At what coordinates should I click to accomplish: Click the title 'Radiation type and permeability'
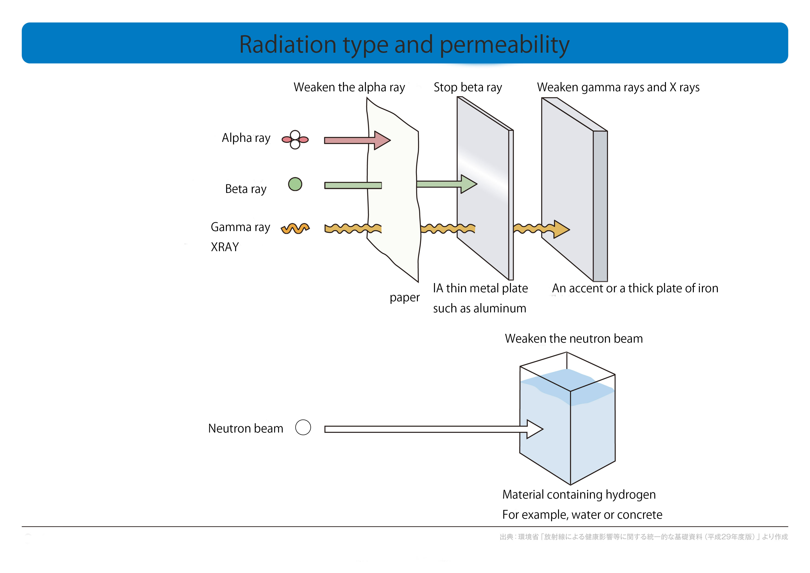[404, 45]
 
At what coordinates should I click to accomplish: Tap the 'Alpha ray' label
[246, 138]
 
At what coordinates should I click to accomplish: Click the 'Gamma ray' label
[240, 227]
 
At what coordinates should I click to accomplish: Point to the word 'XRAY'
[225, 247]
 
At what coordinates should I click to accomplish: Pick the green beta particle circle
[295, 184]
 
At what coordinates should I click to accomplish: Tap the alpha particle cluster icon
[295, 140]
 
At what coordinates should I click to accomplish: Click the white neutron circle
[303, 427]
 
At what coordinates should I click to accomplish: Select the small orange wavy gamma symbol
[295, 229]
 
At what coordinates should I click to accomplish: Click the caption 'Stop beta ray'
[468, 87]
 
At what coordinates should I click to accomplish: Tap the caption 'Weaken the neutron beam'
[574, 338]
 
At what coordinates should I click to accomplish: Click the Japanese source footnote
[643, 537]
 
